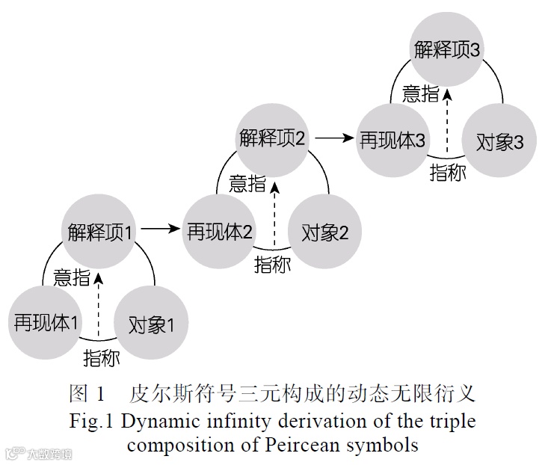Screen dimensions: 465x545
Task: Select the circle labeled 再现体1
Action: point(46,323)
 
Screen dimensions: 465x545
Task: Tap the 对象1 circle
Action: point(151,324)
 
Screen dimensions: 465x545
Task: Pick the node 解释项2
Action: point(273,138)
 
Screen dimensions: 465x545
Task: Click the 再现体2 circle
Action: point(219,231)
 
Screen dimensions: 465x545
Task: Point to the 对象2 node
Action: point(325,232)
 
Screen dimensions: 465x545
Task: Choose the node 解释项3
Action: point(447,49)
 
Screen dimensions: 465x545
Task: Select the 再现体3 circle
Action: point(393,141)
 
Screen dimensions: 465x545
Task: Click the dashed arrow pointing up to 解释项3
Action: point(447,120)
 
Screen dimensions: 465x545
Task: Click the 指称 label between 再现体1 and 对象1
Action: point(101,357)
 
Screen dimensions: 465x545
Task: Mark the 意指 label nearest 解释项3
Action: point(421,93)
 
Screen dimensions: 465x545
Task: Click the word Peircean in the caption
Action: point(299,446)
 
